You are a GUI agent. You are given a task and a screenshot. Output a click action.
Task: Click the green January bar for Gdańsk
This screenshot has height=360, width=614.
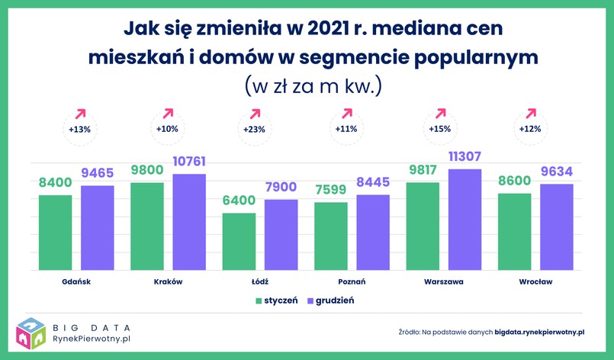pos(55,232)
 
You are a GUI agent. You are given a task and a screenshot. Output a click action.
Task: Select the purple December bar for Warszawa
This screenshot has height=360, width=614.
pos(465,220)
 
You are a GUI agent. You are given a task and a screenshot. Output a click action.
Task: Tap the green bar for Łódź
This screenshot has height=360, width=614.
pos(239,241)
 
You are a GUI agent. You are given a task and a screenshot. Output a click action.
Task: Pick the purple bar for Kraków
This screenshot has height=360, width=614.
pos(189,222)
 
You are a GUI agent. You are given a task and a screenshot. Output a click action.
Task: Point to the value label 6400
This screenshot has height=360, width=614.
pos(239,201)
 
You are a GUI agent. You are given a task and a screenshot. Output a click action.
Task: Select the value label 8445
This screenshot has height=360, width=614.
pos(373,183)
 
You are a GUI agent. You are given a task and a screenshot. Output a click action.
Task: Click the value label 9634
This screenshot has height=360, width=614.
pos(556,172)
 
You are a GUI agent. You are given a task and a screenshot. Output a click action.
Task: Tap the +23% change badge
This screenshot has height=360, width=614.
pos(254,129)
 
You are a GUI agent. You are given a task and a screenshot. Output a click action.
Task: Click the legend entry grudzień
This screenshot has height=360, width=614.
pos(330,301)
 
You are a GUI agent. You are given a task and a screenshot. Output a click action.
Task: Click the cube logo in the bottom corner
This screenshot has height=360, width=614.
pos(30,333)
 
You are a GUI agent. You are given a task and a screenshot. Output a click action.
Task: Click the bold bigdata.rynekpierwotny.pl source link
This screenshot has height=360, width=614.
pos(538,333)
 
